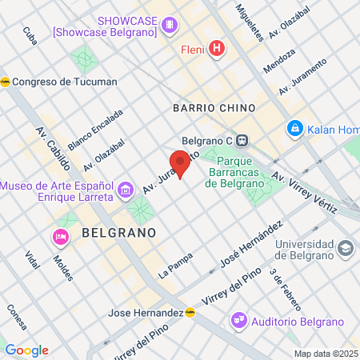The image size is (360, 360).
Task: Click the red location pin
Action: pos(180,162)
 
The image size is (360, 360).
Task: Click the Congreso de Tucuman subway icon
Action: pos(6,82)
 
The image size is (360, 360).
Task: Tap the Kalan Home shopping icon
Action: pos(294,128)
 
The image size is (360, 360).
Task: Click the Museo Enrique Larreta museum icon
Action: pos(125,190)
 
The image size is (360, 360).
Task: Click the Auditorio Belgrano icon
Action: pos(238,319)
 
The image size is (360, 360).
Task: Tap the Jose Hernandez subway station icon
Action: pos(190,312)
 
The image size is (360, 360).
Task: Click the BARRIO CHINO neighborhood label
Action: pos(214,107)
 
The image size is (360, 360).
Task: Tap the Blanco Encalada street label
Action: pos(95,129)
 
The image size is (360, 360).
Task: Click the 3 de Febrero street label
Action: pos(286,290)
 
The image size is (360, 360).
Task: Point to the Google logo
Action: pos(26,350)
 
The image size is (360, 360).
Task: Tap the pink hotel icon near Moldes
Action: pos(59,236)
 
